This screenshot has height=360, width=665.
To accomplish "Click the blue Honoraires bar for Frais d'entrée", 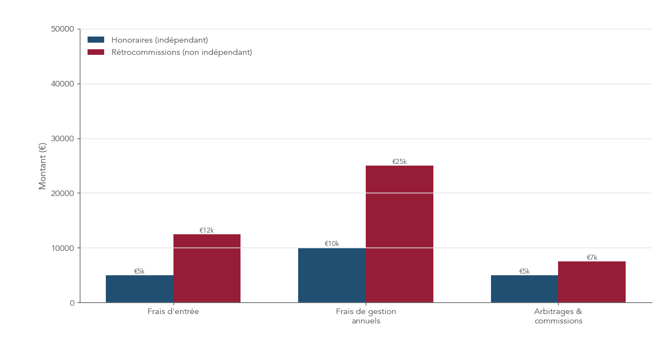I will (x=139, y=289).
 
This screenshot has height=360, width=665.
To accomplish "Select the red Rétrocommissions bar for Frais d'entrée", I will (x=207, y=269).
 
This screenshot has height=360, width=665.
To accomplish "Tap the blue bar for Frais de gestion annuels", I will (x=332, y=275).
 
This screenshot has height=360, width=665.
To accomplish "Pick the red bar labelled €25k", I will (x=399, y=234).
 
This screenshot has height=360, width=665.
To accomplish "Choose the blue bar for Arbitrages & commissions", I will (x=524, y=289).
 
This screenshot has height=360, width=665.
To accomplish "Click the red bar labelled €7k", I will (x=591, y=282).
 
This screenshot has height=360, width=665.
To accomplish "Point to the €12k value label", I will (x=207, y=230).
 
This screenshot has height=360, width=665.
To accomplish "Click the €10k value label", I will (x=332, y=244).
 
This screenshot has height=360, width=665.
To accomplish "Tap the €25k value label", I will (x=399, y=162).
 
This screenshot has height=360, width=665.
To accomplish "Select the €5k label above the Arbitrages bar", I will (x=524, y=271).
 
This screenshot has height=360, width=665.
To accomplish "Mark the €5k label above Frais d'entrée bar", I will (x=139, y=271).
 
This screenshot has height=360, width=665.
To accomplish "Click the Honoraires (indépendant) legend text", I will (x=160, y=40).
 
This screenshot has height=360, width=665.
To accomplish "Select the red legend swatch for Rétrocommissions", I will (x=96, y=52).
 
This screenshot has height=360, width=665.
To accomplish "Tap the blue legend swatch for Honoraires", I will (x=96, y=40).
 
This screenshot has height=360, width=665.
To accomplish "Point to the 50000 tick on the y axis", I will (x=62, y=29).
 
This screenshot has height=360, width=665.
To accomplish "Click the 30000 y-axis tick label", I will (x=62, y=138).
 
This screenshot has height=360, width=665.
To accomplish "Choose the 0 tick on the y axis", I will (x=71, y=303).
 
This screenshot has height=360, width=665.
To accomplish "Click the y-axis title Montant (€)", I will (x=43, y=166).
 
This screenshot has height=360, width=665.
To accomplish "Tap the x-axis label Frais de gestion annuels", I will (x=366, y=316).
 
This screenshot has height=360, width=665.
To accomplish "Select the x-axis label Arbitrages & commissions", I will (x=558, y=316).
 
